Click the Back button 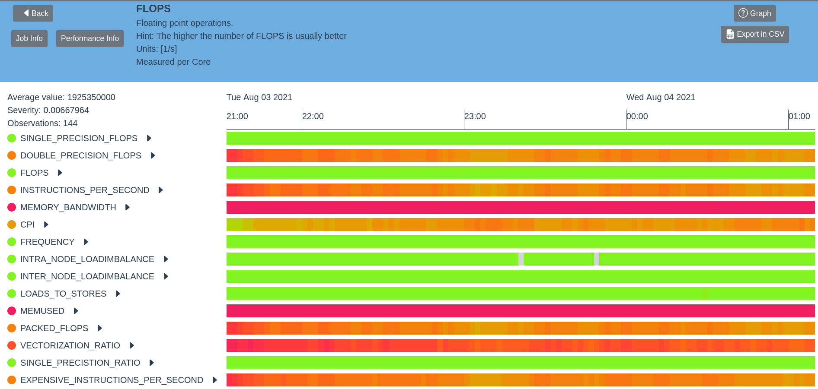pyautogui.click(x=33, y=13)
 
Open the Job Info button pyautogui.click(x=29, y=38)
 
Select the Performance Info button pyautogui.click(x=89, y=38)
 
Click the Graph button pyautogui.click(x=754, y=13)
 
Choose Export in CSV pyautogui.click(x=754, y=35)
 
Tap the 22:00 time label pyautogui.click(x=313, y=116)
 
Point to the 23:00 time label pyautogui.click(x=475, y=116)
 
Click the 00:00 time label pyautogui.click(x=637, y=116)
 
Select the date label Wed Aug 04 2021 pyautogui.click(x=661, y=97)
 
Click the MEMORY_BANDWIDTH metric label pyautogui.click(x=68, y=207)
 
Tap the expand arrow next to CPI pyautogui.click(x=46, y=225)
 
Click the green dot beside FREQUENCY pyautogui.click(x=12, y=242)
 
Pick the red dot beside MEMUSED pyautogui.click(x=12, y=311)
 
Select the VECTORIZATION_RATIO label pyautogui.click(x=70, y=345)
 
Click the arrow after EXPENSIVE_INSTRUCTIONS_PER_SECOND pyautogui.click(x=215, y=380)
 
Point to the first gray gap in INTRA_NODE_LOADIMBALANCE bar pyautogui.click(x=521, y=259)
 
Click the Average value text pyautogui.click(x=61, y=97)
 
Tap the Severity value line pyautogui.click(x=48, y=110)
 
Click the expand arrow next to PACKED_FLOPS pyautogui.click(x=100, y=328)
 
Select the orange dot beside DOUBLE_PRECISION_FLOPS pyautogui.click(x=12, y=155)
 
